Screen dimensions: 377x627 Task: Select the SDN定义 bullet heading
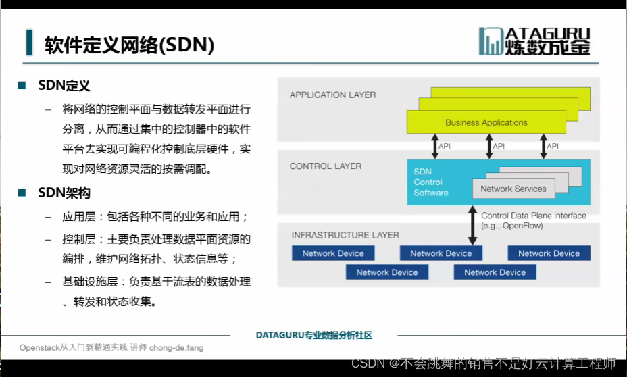coord(64,86)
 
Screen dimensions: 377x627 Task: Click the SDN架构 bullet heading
coord(64,193)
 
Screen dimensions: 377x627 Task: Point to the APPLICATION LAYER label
coord(332,95)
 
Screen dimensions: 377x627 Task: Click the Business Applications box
coord(486,122)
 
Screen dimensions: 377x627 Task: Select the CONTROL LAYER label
coord(325,166)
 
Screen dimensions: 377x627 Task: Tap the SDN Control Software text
coord(431,182)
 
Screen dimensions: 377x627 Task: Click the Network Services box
coord(513,188)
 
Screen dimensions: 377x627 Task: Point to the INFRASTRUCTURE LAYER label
coord(345,235)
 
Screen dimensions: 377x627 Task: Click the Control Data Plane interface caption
coord(533,220)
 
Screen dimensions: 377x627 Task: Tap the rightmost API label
coord(553,146)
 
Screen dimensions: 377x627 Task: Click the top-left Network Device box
coord(333,253)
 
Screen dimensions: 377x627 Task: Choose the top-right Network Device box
coord(549,253)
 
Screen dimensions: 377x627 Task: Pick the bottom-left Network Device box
coord(387,272)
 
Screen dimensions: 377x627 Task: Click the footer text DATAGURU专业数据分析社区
coord(314,335)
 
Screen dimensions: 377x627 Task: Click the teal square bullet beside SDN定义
coord(22,86)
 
